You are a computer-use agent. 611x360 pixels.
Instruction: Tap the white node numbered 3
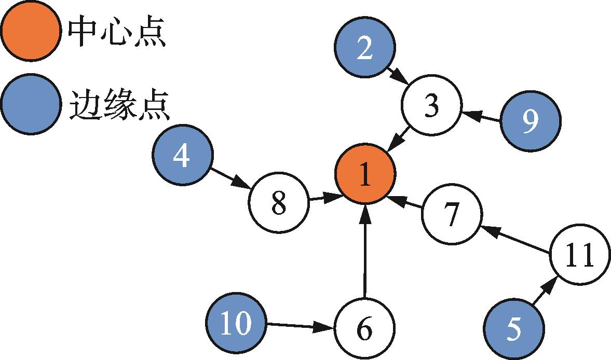431,106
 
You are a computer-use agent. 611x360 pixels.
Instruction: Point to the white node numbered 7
452,214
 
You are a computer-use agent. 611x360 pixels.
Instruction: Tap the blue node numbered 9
530,120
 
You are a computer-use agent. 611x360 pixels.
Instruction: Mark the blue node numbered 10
236,323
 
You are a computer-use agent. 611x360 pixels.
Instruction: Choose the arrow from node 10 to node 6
299,326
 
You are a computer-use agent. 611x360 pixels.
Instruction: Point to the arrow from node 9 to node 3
482,117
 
